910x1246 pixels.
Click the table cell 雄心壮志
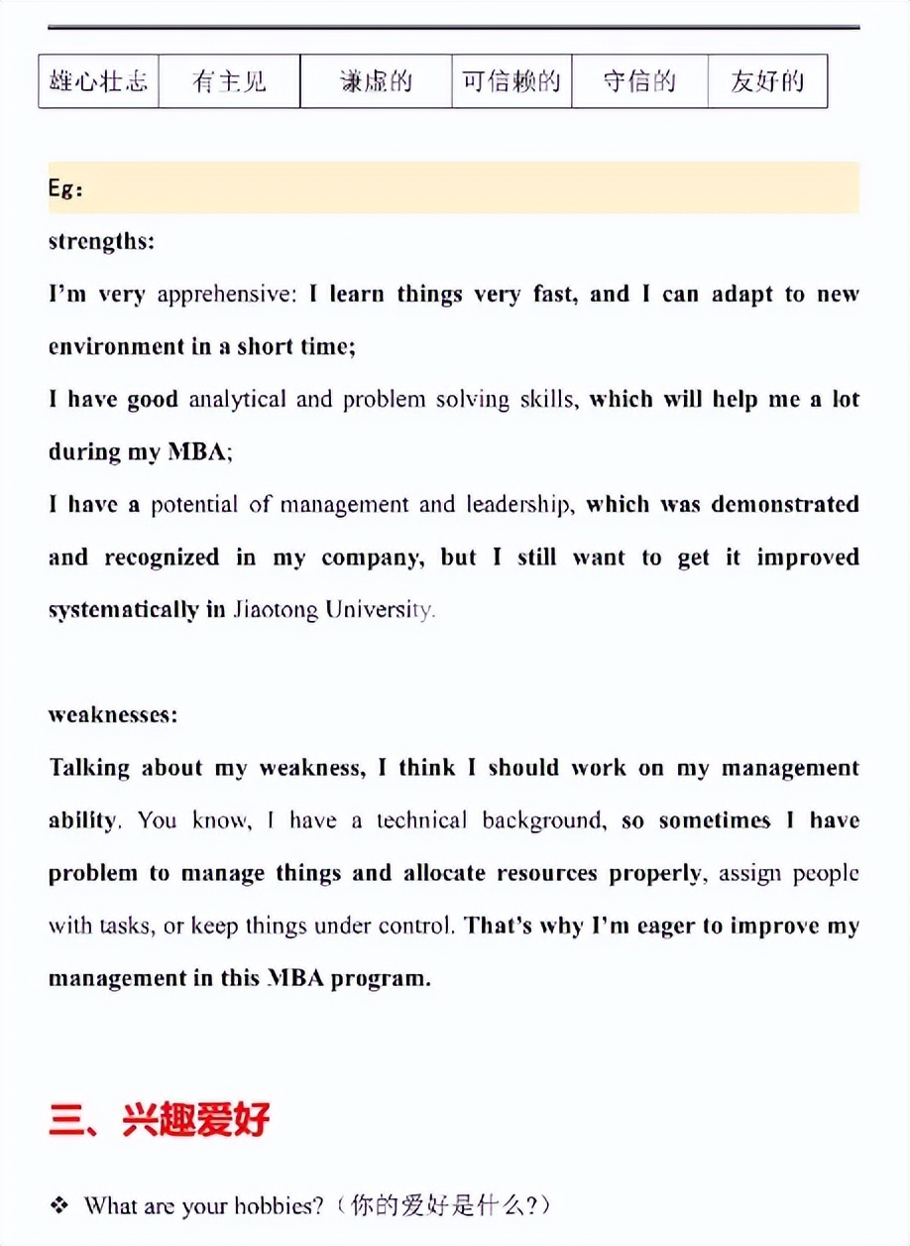(x=98, y=81)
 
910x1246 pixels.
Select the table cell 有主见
(x=229, y=81)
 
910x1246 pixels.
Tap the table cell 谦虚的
(x=376, y=81)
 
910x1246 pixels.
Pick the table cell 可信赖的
(x=512, y=81)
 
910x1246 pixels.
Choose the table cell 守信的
(x=639, y=81)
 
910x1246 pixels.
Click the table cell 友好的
(x=767, y=81)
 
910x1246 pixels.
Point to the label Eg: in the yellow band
(x=65, y=188)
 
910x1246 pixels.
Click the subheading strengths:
(x=101, y=241)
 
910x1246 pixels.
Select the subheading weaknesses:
(x=113, y=715)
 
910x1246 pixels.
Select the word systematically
(x=123, y=610)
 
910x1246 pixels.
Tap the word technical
(x=421, y=820)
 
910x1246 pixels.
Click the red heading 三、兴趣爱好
(x=159, y=1120)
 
